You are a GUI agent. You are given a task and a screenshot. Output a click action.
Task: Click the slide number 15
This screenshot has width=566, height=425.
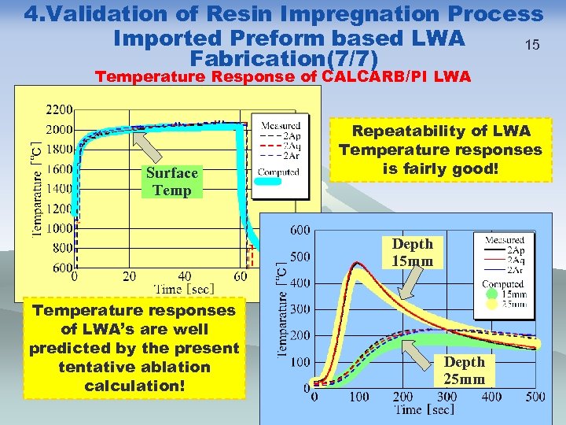(533, 45)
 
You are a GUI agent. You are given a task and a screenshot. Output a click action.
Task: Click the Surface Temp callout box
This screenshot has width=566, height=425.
(171, 182)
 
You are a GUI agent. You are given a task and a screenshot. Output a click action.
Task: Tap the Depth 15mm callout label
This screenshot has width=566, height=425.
(412, 253)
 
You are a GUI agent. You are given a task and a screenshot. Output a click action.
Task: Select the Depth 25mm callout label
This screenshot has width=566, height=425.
(464, 371)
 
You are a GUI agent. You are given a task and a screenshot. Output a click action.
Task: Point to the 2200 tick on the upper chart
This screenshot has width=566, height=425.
(59, 109)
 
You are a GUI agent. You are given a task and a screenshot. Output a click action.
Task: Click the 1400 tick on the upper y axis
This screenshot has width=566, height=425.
(59, 188)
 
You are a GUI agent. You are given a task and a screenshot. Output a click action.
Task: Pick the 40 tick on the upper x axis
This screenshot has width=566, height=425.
(184, 276)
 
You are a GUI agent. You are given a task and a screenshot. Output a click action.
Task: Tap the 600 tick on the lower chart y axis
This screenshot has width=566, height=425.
(300, 230)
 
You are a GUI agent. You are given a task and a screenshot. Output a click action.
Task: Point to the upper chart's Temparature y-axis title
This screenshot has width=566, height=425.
(37, 188)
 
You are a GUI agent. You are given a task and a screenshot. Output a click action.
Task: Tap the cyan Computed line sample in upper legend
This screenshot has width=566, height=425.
(268, 182)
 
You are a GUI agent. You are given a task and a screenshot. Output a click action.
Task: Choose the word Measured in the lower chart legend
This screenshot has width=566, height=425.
(505, 239)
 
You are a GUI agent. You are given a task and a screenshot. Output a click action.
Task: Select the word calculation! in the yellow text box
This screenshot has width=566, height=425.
(134, 386)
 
